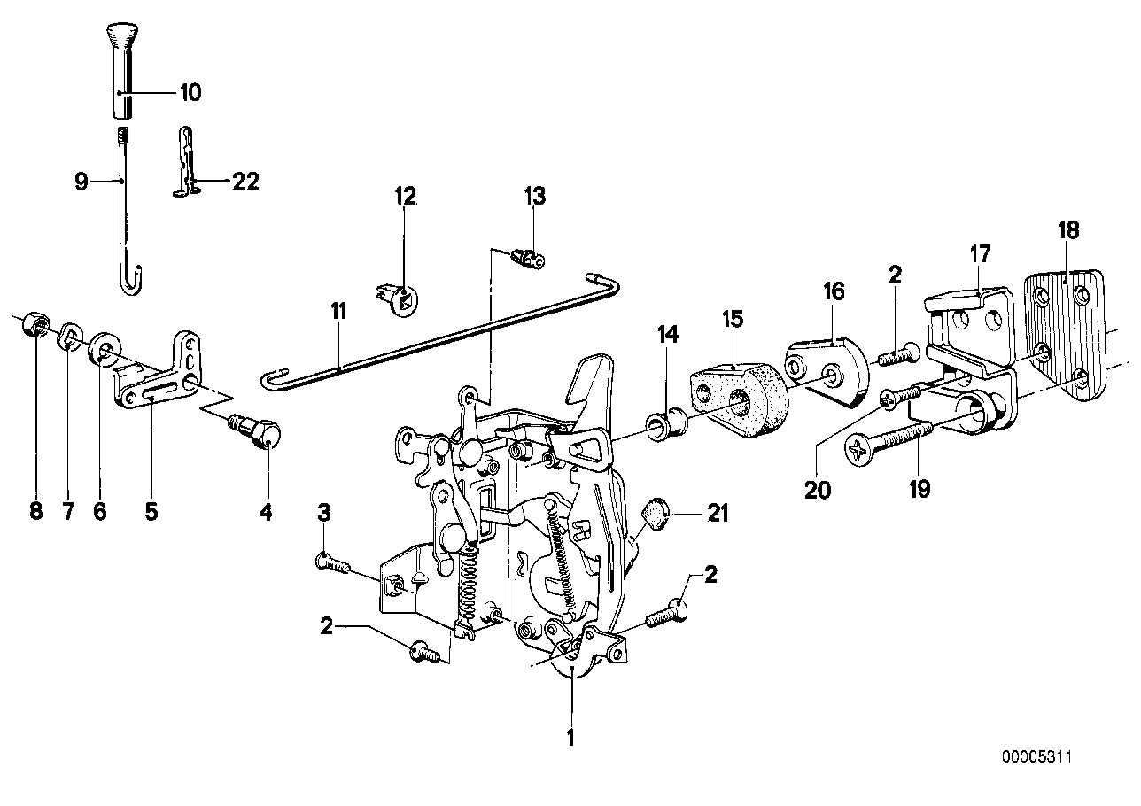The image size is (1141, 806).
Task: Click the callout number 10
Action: coord(190,91)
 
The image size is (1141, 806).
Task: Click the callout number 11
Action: coord(338,312)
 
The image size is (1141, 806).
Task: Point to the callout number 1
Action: coord(571,735)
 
